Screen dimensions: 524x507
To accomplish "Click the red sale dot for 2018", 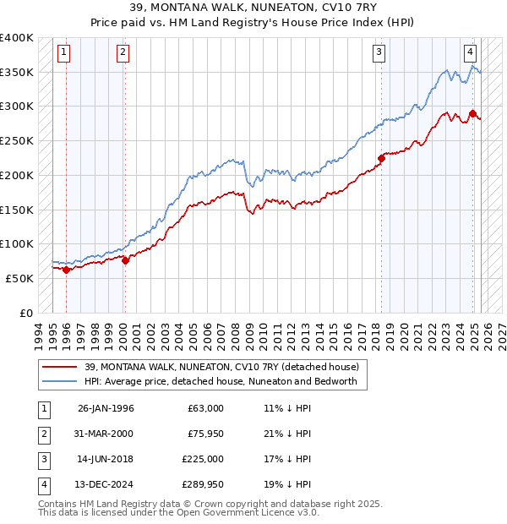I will (x=381, y=157).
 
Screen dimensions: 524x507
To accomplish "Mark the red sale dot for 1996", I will (x=66, y=270).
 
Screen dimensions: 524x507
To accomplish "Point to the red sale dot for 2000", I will (x=125, y=260).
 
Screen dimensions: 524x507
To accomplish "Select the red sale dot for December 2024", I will (x=472, y=113).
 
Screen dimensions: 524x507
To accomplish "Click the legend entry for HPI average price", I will (x=221, y=381).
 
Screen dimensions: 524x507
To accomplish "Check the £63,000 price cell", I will (x=205, y=408).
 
